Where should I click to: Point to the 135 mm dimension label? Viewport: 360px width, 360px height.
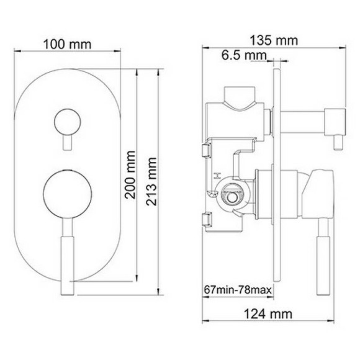click(x=274, y=41)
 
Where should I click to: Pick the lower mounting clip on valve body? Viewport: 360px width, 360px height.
click(x=207, y=218)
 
